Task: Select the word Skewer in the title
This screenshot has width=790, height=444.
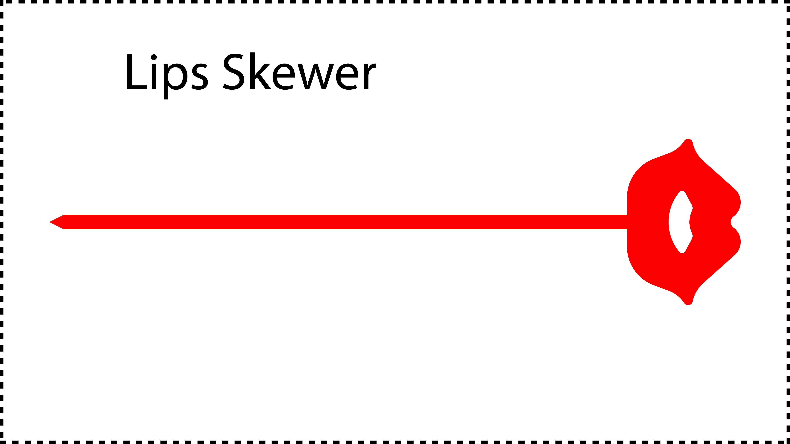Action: (300, 71)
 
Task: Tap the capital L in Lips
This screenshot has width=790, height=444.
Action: (137, 72)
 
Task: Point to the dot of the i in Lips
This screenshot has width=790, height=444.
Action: (154, 57)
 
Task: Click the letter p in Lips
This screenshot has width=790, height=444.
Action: (175, 81)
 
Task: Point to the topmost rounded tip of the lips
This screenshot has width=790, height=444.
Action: (688, 140)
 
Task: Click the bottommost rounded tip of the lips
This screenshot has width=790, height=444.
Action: (688, 304)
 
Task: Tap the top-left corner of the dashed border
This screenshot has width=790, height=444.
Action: (1, 1)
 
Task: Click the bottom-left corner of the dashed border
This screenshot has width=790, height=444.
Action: (1, 442)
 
